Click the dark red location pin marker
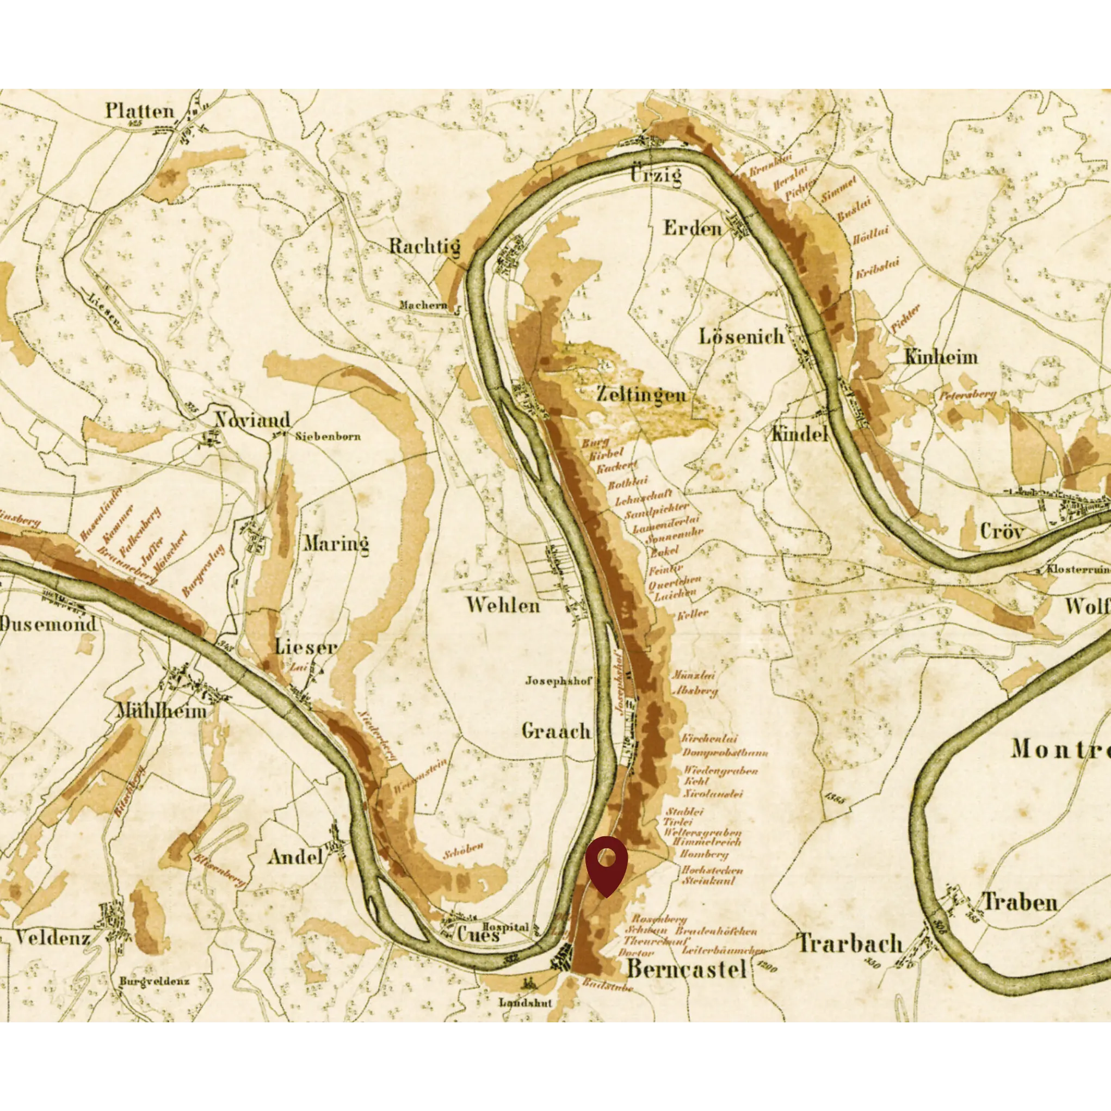(606, 862)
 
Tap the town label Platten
(139, 111)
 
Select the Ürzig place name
(656, 174)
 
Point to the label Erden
(693, 229)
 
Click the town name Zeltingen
(641, 394)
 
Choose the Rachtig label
(424, 246)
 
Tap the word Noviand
(252, 421)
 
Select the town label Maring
(336, 543)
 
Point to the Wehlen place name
(503, 605)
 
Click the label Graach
(556, 731)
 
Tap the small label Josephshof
(558, 681)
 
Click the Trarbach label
(850, 943)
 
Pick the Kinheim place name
(941, 357)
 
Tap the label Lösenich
(741, 336)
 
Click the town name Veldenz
(52, 938)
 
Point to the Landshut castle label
(524, 1003)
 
